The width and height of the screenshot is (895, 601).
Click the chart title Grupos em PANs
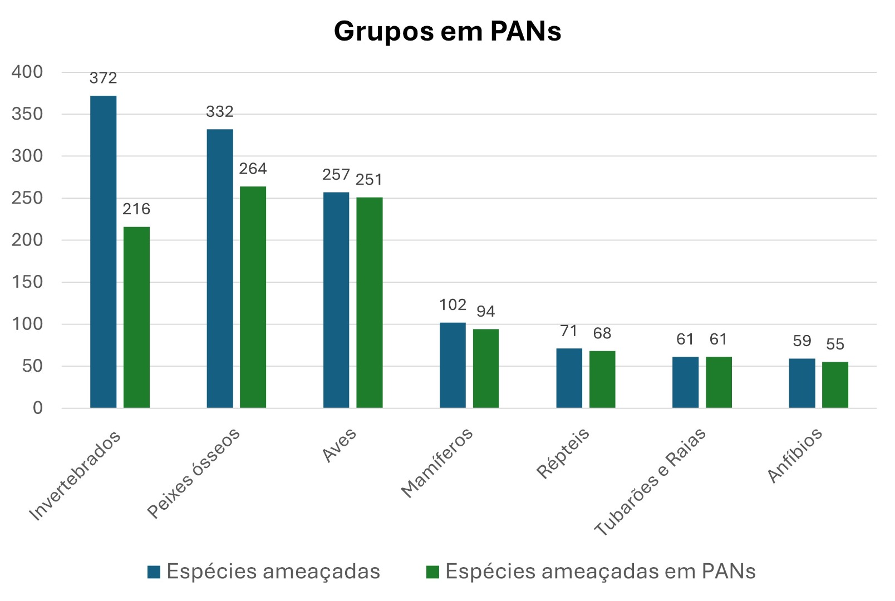(x=447, y=31)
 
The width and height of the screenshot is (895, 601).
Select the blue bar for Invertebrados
(x=104, y=252)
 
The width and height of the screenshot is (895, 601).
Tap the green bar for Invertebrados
(x=136, y=317)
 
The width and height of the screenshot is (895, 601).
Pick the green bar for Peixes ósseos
(x=253, y=297)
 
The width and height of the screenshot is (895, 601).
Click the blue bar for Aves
(x=336, y=300)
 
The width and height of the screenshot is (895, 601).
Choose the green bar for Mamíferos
(x=486, y=368)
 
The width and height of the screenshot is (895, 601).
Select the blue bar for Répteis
(x=569, y=378)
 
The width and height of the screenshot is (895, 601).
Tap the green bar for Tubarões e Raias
(x=719, y=382)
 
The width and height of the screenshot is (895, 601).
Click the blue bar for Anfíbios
(x=801, y=383)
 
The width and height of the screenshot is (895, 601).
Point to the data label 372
(x=104, y=78)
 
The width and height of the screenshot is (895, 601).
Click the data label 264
(x=253, y=169)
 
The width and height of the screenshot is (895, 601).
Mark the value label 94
(x=486, y=312)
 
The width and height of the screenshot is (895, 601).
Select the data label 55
(x=835, y=344)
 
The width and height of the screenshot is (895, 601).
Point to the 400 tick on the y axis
(x=27, y=72)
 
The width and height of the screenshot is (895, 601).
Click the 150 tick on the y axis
(x=27, y=282)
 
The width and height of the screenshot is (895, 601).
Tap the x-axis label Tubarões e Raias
(x=650, y=482)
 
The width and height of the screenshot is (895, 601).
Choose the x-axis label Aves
(x=339, y=445)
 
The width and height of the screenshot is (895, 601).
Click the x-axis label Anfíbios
(x=795, y=455)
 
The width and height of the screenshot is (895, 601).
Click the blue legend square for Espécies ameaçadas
(x=154, y=572)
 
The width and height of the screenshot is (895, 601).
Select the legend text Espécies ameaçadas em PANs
(x=601, y=572)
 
